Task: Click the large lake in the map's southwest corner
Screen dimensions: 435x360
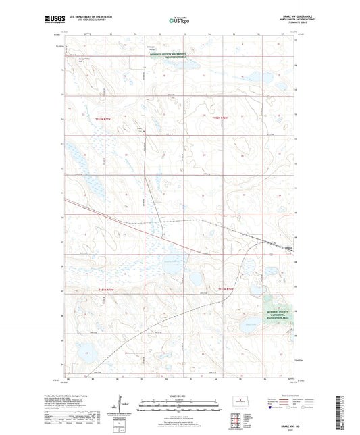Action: point(88,352)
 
